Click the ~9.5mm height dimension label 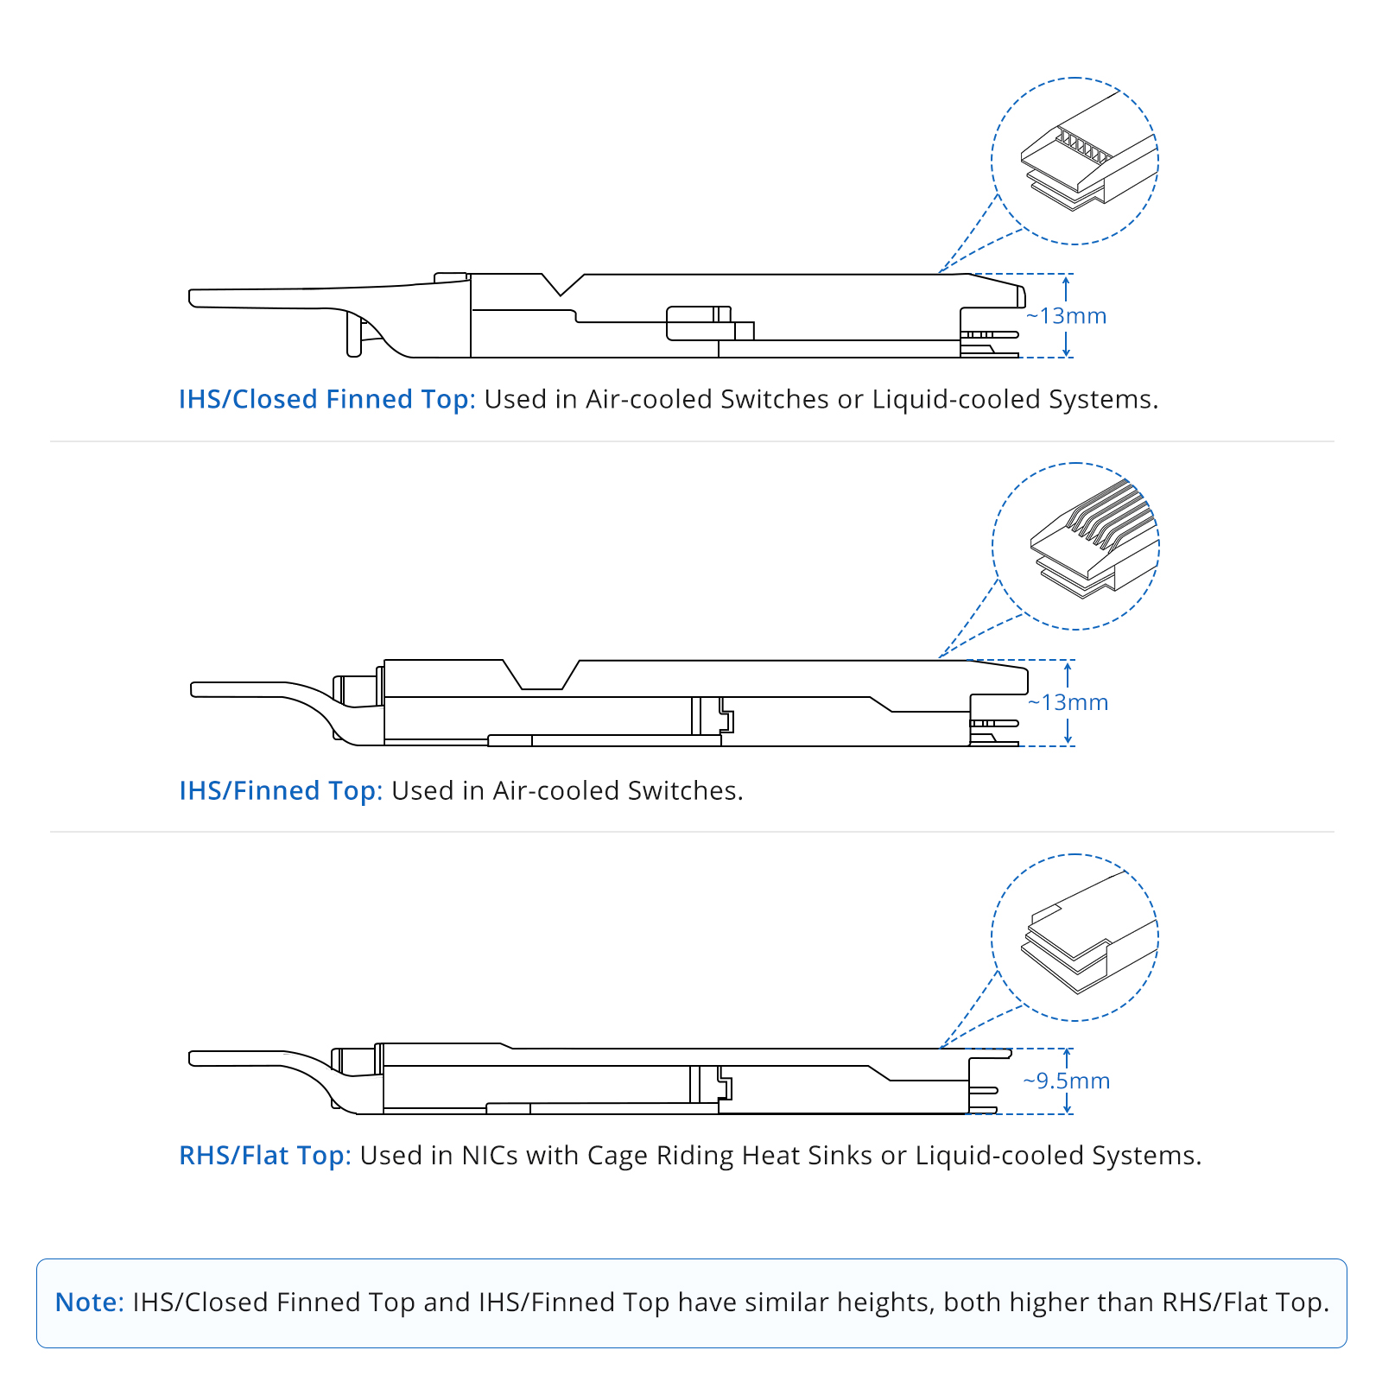tap(1066, 1081)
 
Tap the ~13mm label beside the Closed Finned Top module tap(1066, 316)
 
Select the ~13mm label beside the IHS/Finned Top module tap(1068, 702)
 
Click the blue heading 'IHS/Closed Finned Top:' tap(327, 399)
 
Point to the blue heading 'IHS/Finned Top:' tap(281, 790)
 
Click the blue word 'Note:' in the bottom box tap(90, 1302)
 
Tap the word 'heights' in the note tap(885, 1303)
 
